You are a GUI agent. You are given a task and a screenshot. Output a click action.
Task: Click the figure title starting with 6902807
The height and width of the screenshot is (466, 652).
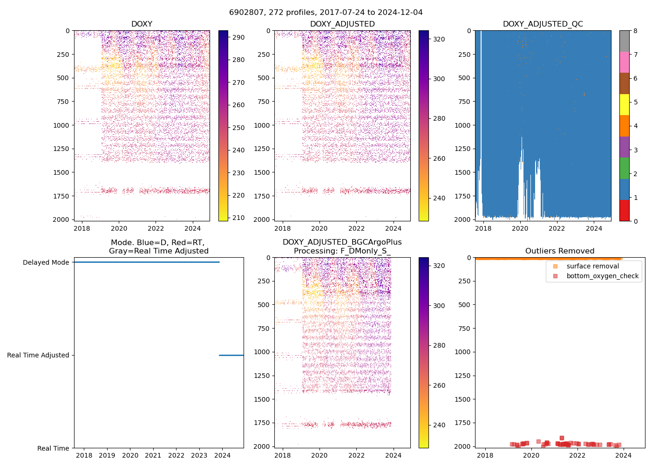[326, 13]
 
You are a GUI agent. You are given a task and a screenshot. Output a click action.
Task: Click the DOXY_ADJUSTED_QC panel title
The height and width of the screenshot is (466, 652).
[543, 24]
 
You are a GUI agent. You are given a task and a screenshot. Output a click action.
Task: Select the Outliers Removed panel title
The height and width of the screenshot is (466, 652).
[559, 251]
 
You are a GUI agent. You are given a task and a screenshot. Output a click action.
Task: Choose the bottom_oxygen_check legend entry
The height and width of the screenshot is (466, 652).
[602, 276]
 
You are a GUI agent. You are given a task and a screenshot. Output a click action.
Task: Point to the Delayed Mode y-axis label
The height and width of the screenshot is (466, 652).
[46, 262]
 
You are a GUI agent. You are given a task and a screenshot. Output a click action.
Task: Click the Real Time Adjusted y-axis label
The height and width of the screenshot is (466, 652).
[38, 355]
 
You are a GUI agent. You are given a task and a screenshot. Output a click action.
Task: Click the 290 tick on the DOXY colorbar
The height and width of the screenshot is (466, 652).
[238, 37]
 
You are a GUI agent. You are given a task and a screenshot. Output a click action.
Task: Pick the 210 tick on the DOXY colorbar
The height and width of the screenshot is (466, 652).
[238, 218]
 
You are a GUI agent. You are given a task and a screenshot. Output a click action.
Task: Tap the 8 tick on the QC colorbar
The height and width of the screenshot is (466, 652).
[635, 31]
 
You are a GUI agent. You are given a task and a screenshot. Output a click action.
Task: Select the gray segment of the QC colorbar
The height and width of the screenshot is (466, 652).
[624, 41]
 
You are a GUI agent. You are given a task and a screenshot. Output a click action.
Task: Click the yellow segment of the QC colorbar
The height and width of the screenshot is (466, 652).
[624, 104]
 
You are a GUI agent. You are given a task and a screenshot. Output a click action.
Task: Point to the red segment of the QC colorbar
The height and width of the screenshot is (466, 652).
[624, 210]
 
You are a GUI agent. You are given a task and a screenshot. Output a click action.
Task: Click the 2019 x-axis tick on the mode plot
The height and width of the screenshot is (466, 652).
[107, 455]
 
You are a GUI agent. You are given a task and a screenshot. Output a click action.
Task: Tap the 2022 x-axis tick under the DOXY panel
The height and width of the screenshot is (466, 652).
[156, 228]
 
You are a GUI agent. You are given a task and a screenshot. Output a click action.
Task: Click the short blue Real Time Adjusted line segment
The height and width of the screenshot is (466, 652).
[231, 355]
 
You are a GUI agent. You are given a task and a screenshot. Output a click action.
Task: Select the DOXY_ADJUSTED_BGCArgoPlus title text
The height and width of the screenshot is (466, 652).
[342, 242]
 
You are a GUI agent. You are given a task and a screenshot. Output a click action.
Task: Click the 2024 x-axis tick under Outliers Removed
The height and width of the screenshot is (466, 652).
[624, 455]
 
